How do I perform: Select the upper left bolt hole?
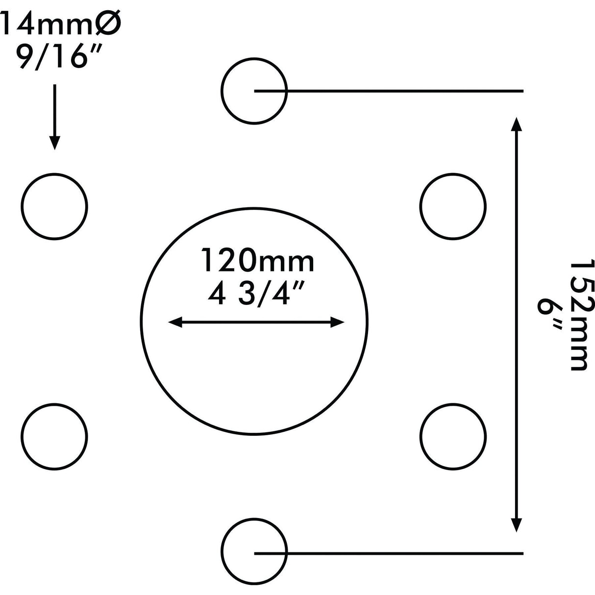pyautogui.click(x=55, y=206)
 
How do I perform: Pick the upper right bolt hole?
pyautogui.click(x=453, y=206)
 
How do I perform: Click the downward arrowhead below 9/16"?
pyautogui.click(x=55, y=142)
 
